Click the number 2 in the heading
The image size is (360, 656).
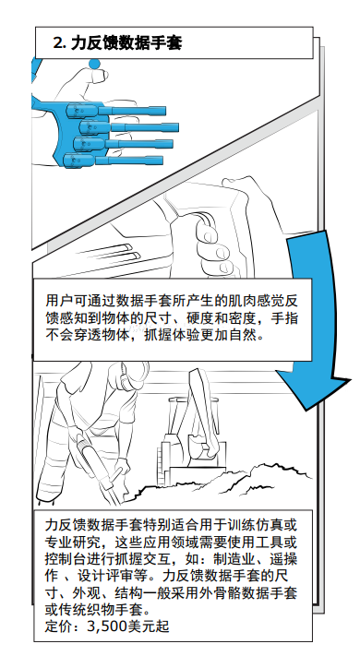pyautogui.click(x=59, y=42)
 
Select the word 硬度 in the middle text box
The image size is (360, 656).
pyautogui.click(x=186, y=318)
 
